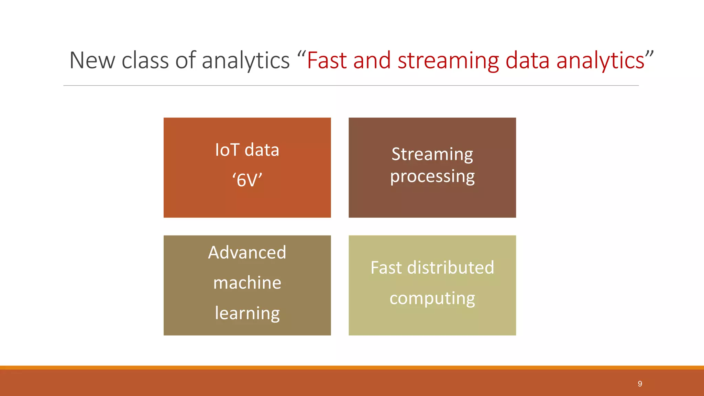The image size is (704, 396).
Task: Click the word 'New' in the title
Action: click(92, 60)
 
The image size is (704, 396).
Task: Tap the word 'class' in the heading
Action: click(145, 60)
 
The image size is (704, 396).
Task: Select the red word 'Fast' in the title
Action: click(327, 60)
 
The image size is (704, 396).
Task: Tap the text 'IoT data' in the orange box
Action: click(247, 150)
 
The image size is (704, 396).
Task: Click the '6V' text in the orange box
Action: click(247, 180)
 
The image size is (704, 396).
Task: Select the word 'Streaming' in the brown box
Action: click(432, 154)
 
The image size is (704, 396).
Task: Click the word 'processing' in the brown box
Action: click(432, 177)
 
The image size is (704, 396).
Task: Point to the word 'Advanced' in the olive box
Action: click(247, 252)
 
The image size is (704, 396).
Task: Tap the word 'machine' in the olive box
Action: click(247, 283)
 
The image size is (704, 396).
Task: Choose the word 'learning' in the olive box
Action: click(247, 313)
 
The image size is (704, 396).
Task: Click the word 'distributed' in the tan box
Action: click(450, 267)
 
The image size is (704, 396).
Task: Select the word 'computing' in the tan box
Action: click(432, 298)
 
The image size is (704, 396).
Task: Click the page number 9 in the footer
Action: click(640, 384)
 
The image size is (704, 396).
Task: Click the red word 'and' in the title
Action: click(372, 60)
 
